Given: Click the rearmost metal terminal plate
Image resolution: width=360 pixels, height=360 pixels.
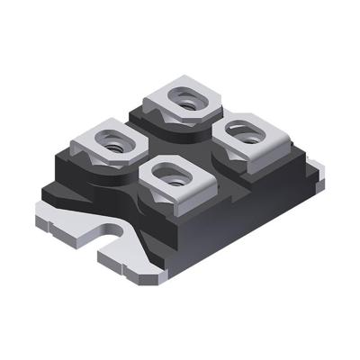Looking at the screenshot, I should pos(184,98).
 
